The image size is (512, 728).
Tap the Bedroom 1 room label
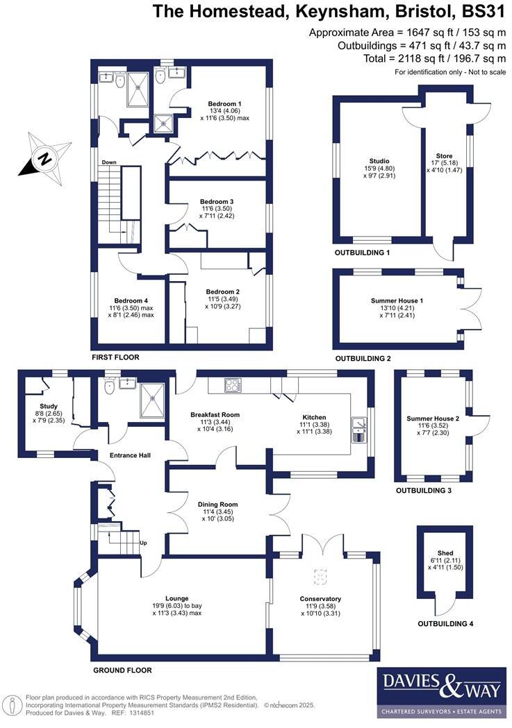coord(215,104)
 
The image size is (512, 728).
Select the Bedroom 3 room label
coord(215,202)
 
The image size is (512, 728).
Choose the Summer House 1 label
coord(397,300)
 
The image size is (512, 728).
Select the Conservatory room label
coord(319,598)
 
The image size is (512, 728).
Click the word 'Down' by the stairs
coord(109,162)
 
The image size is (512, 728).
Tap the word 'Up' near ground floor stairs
coord(144,543)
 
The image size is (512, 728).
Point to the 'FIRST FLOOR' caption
coord(115,357)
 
